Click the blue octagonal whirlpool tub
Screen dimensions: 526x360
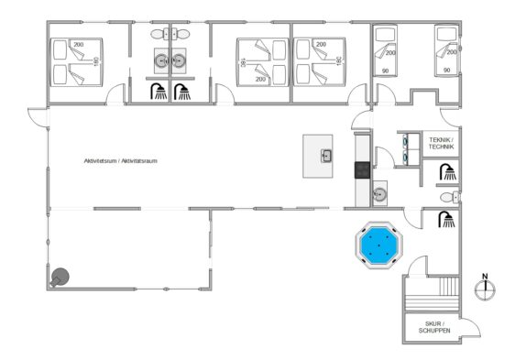point(379,245)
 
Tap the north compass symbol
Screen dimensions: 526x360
point(485,288)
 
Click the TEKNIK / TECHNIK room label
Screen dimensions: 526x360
point(441,144)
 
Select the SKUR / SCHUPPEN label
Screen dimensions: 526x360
point(434,327)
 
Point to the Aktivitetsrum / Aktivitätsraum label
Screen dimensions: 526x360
point(120,161)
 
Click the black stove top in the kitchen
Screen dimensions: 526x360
point(363,170)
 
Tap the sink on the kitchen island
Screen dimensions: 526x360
point(326,156)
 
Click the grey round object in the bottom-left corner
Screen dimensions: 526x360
point(60,278)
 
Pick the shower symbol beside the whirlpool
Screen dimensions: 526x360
point(446,219)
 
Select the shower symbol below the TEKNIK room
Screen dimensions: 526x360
point(448,171)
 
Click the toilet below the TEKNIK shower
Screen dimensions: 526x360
point(450,197)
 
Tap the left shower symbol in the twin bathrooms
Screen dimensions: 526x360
point(159,92)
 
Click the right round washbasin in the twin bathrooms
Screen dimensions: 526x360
point(179,60)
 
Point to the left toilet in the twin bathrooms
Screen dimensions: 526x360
point(160,34)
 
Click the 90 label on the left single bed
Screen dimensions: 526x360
point(385,71)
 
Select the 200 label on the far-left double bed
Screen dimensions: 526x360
point(79,45)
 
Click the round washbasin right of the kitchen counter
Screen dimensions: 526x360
point(379,193)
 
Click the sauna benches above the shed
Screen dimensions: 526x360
point(433,294)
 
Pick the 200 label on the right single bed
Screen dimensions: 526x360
point(452,52)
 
